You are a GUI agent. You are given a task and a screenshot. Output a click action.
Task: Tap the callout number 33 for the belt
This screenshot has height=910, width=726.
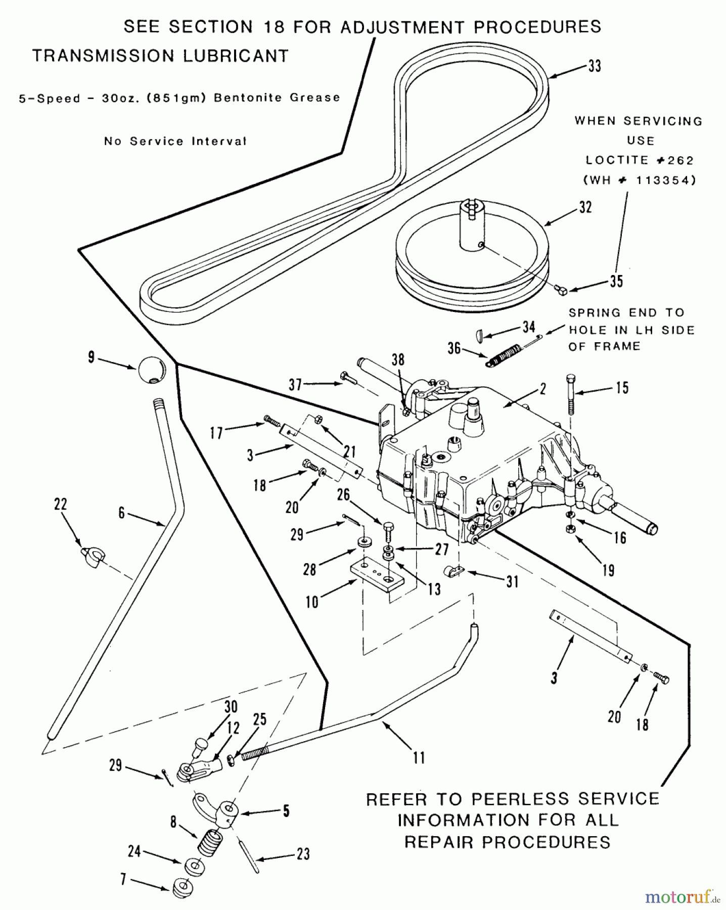pos(595,66)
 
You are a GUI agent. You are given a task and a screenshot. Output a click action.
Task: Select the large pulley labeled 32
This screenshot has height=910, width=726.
pos(470,263)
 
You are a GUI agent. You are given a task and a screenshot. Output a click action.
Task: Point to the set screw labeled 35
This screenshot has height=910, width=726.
pos(560,289)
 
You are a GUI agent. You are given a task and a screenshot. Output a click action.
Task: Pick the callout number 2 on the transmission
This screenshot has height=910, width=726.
pos(542,389)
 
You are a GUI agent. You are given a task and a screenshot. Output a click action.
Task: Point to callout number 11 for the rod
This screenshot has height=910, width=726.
pos(419,757)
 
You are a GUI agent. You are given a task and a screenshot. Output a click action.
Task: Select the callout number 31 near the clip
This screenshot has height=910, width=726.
pos(512,582)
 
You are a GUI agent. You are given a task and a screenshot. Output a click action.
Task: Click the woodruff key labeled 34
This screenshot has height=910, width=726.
pos(480,334)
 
